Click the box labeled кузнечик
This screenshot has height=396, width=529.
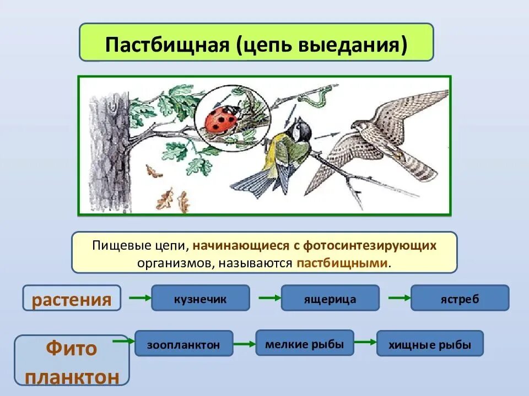pos(201,299)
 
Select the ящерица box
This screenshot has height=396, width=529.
pos(330,299)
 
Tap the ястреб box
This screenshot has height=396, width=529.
pos(460,299)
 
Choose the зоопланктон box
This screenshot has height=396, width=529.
pos(183,344)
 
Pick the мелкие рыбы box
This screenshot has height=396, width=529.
pos(304,343)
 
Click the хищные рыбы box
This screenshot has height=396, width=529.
pos(430,344)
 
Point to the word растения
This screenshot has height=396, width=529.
pos(72,300)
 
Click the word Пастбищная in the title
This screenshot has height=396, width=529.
pos(167,43)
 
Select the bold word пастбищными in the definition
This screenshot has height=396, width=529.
pos(342,262)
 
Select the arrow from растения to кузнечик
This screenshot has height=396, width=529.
pos(138,298)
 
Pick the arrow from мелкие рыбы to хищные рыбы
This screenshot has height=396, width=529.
pos(364,342)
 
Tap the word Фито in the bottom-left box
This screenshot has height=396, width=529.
pos(72,348)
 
